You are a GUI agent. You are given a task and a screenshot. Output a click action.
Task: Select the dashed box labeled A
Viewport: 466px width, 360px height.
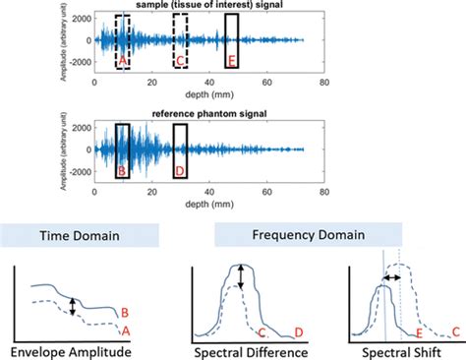click(123, 41)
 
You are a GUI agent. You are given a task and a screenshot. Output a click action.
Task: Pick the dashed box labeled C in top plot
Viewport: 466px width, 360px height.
click(180, 41)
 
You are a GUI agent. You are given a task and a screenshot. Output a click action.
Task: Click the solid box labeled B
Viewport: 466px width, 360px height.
click(122, 150)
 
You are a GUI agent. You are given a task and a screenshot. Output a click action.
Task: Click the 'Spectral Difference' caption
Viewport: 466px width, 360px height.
click(256, 350)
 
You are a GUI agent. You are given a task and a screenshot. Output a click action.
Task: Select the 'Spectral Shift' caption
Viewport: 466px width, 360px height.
click(400, 350)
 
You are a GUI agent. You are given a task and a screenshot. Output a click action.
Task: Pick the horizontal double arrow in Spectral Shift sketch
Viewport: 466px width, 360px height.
click(391, 278)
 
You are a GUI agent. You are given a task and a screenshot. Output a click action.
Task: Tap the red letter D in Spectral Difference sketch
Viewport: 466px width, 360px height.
click(300, 333)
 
